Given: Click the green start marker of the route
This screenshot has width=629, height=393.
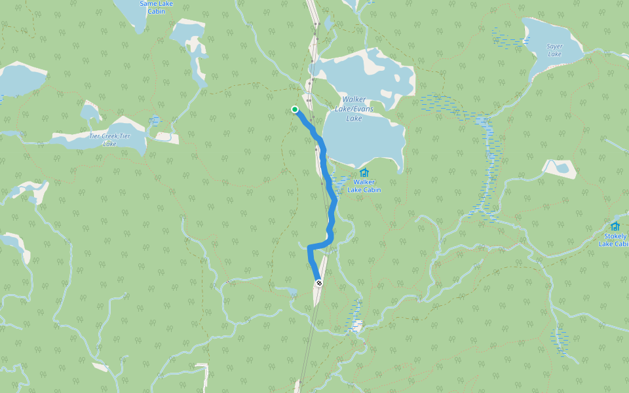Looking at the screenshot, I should tap(295, 109).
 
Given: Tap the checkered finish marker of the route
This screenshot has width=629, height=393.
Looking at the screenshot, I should tap(319, 283).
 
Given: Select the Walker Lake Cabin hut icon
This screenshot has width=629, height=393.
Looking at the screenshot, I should tap(364, 172).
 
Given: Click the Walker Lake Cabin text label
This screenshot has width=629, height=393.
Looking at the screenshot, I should tap(364, 186).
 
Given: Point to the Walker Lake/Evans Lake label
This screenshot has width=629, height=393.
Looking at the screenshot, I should tap(354, 109).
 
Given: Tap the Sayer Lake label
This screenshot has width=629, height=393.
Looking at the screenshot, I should tap(554, 50).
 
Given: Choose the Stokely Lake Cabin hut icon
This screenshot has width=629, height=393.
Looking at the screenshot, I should tap(615, 226).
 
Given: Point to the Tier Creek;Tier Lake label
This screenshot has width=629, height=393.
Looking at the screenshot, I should tap(109, 140).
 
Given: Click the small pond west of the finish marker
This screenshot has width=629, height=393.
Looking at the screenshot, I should tap(286, 290).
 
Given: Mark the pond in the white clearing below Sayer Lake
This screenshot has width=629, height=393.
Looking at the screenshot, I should tap(561, 168).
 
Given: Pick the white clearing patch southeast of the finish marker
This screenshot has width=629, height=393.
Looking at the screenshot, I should tap(357, 325).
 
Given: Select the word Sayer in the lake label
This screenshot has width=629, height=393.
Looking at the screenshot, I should tap(554, 47).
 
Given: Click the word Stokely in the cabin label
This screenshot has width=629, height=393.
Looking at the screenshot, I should tap(615, 236).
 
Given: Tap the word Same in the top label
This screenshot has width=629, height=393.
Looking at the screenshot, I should tap(148, 3).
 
